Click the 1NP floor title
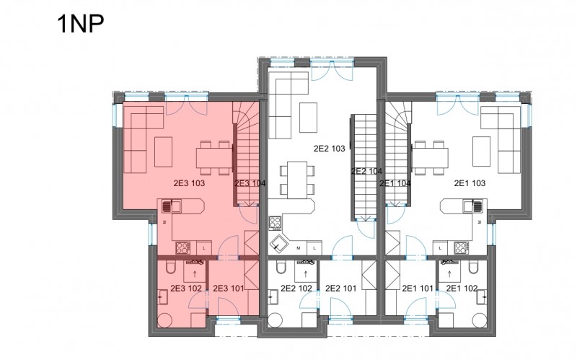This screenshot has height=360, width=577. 81,24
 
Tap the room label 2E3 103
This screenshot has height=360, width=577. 189,183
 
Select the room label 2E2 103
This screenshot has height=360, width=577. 330,149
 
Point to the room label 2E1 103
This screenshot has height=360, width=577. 470,183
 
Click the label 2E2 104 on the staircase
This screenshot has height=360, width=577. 366,171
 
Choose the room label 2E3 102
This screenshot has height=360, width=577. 186,289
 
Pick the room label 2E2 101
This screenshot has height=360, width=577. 340,289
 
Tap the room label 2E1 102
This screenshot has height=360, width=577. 462,289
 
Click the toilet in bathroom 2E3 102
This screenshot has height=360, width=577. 171,267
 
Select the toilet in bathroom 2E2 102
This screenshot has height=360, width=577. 281,267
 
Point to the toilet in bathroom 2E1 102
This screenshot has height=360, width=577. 474,267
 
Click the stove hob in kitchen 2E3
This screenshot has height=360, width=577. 183,247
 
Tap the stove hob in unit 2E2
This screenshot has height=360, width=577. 276,224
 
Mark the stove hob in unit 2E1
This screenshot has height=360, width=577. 461,247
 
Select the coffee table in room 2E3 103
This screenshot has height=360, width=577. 164,152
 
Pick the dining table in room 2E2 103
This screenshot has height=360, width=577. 297,179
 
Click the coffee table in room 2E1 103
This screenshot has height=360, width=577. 481,152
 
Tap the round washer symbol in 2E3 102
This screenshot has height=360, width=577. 164,320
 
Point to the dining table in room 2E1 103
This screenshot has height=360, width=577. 430,158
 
